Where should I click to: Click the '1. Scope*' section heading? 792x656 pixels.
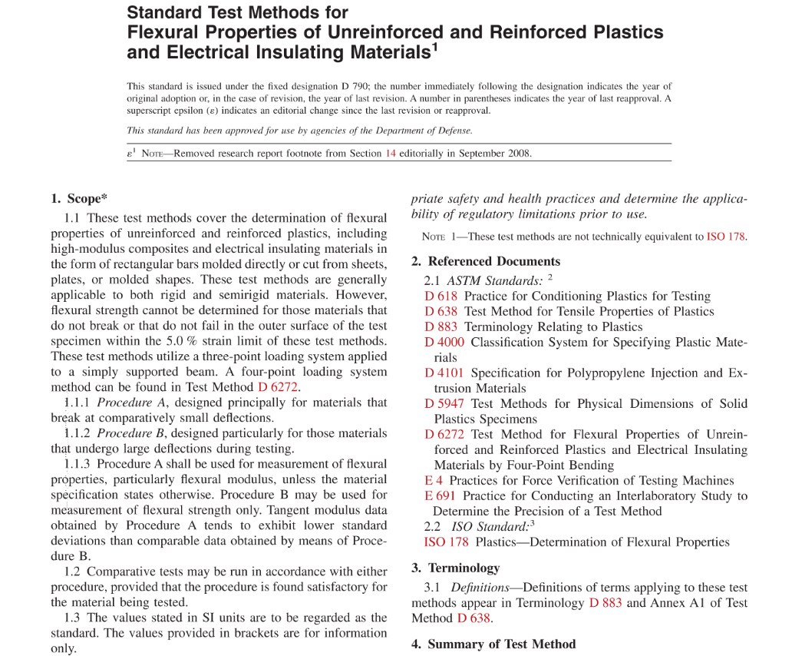pyautogui.click(x=79, y=199)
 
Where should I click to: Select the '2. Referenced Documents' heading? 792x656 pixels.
pyautogui.click(x=486, y=261)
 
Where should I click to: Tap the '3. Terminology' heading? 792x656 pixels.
pyautogui.click(x=455, y=568)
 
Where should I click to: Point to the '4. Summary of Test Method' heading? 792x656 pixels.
pyautogui.click(x=493, y=644)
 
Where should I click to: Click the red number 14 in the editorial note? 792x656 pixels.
pyautogui.click(x=390, y=153)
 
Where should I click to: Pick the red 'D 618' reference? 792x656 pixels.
pyautogui.click(x=441, y=297)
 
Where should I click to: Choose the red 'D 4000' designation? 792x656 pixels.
pyautogui.click(x=444, y=343)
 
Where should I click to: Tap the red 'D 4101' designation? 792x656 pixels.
pyautogui.click(x=444, y=373)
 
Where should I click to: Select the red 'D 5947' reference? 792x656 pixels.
pyautogui.click(x=444, y=404)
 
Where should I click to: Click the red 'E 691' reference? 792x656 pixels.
pyautogui.click(x=440, y=496)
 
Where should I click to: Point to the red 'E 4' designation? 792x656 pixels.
pyautogui.click(x=433, y=481)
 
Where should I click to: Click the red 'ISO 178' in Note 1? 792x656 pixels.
pyautogui.click(x=725, y=237)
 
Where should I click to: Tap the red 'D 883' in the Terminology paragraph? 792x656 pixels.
pyautogui.click(x=606, y=603)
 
